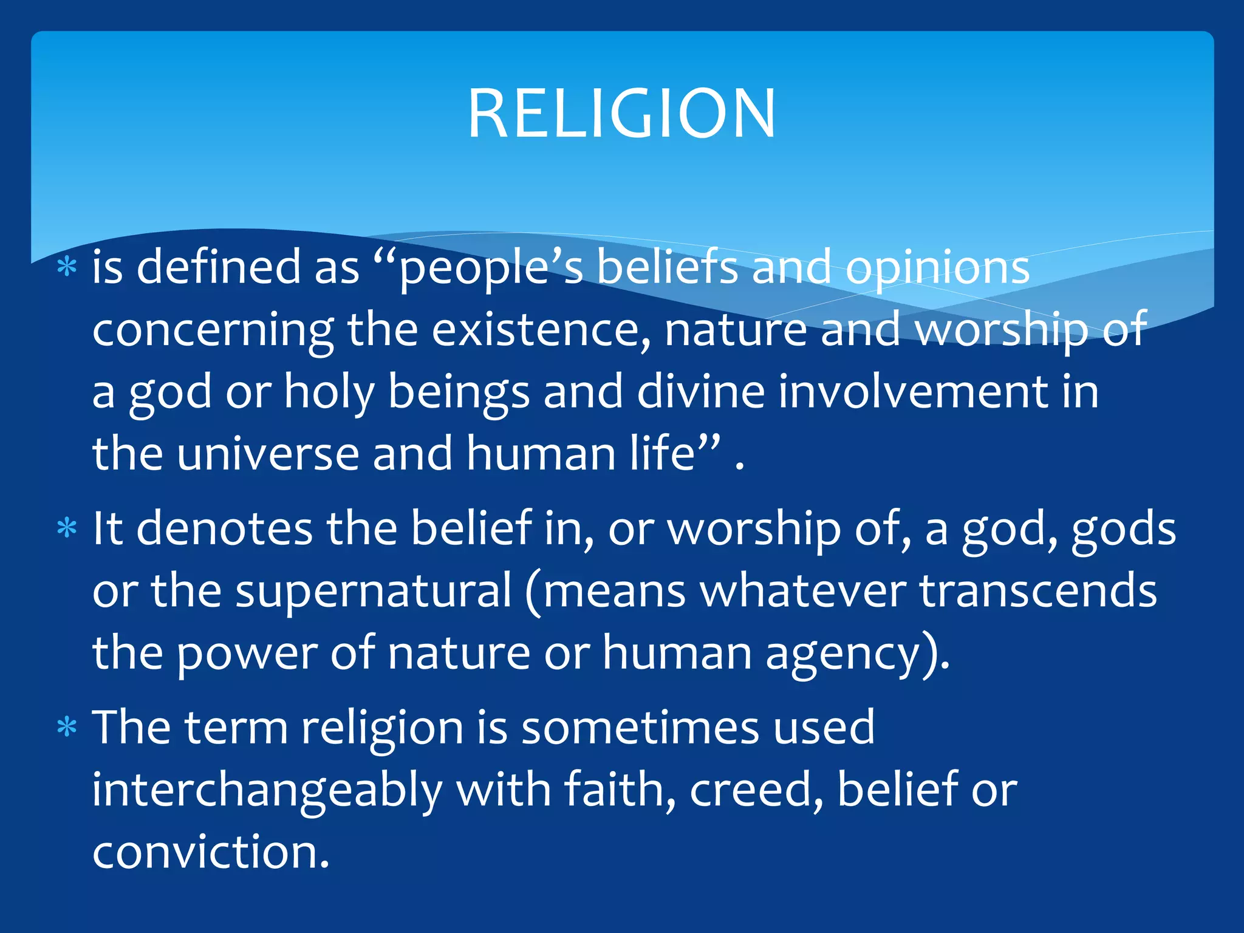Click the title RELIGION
point(621,114)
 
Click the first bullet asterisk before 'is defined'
point(67,267)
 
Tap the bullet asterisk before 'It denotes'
point(67,528)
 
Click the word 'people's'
point(491,268)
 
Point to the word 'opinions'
point(937,268)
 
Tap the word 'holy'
point(329,392)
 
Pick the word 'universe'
point(268,454)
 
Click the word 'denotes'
point(224,528)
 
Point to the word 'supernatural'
point(374,591)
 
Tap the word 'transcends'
point(1037,591)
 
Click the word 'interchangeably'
point(267,791)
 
